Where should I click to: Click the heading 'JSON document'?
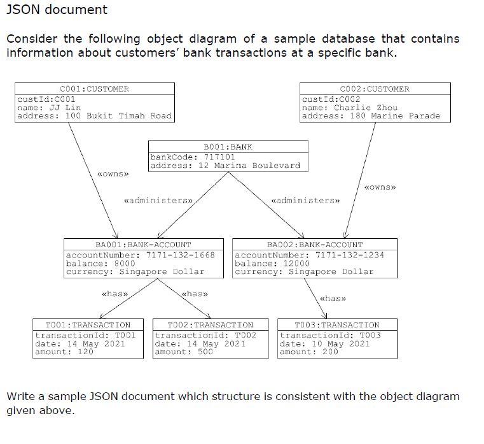point(57,10)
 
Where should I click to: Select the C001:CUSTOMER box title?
point(95,89)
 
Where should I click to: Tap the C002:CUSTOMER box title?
point(375,89)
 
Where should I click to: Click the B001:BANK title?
point(228,147)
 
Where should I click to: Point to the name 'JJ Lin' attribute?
point(49,108)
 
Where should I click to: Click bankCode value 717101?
point(219,157)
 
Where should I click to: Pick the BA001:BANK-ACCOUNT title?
point(143,245)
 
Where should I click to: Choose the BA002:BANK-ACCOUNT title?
point(315,245)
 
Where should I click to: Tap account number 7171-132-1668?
point(180,255)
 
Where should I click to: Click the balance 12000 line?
point(272,264)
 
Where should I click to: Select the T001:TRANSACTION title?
point(88,325)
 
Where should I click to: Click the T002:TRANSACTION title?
point(211,325)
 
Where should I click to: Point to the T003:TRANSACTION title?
point(337,325)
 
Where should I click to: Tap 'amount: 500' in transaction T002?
point(184,352)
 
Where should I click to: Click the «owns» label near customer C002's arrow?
point(380,187)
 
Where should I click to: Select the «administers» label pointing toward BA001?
point(158,201)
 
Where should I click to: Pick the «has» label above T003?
point(333,298)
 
